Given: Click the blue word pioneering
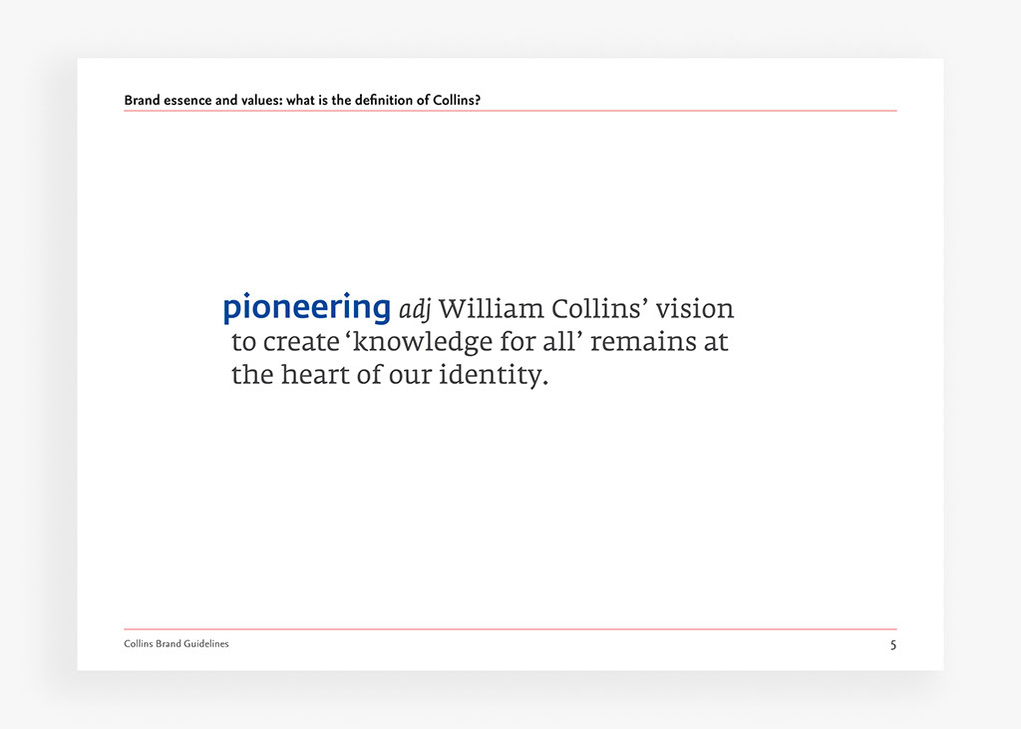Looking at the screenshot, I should (x=306, y=308).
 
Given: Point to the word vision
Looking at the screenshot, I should (x=696, y=308).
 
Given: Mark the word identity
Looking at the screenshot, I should (x=494, y=376).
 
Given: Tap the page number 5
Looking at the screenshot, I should (x=893, y=645).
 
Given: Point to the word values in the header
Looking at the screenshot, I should (x=261, y=101).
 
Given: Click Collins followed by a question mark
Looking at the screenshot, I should (x=457, y=101).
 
